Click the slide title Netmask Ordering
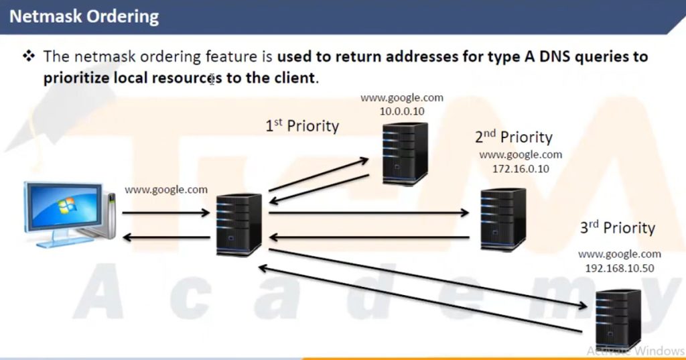[x=84, y=16]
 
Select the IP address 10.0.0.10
[x=402, y=111]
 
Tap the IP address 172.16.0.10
[x=521, y=169]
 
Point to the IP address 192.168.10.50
[x=620, y=268]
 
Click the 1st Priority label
[x=302, y=125]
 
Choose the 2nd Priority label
[x=514, y=137]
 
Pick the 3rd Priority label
[x=617, y=227]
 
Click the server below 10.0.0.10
[x=405, y=154]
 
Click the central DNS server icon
[x=239, y=224]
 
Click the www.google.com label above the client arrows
[x=166, y=190]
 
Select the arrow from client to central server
[x=166, y=214]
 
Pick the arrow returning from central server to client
[x=166, y=237]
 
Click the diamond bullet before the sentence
[x=28, y=56]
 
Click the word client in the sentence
[x=293, y=77]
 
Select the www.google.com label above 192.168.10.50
[x=620, y=255]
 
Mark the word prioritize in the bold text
[x=76, y=77]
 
